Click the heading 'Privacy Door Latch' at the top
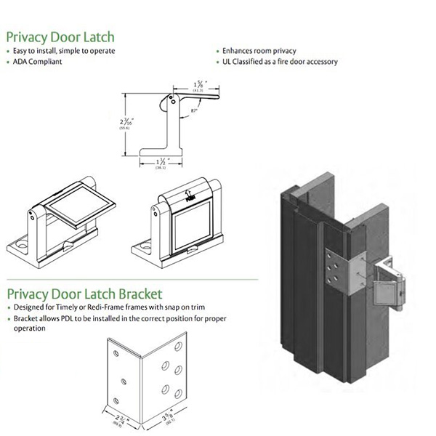60,36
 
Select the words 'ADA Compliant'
36,62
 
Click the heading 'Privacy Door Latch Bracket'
84,294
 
